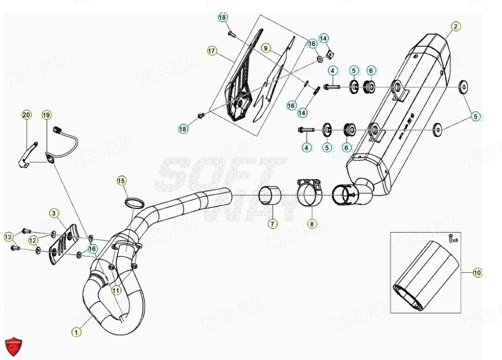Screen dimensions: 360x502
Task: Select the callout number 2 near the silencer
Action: click(456, 27)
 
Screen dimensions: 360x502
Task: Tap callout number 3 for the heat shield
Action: click(54, 212)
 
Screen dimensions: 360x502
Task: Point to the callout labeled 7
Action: click(272, 223)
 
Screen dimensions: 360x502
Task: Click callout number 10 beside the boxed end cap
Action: click(477, 273)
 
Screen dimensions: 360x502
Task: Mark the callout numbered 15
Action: click(122, 180)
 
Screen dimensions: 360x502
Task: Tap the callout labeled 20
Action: click(26, 115)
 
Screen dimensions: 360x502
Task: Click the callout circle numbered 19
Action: click(46, 115)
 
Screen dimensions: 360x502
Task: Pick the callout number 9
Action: click(266, 48)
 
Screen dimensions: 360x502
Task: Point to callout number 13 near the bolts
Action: click(8, 237)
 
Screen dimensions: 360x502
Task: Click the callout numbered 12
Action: click(32, 240)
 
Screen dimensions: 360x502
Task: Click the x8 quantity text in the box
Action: click(454, 240)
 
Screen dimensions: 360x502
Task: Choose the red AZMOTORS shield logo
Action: click(13, 346)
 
